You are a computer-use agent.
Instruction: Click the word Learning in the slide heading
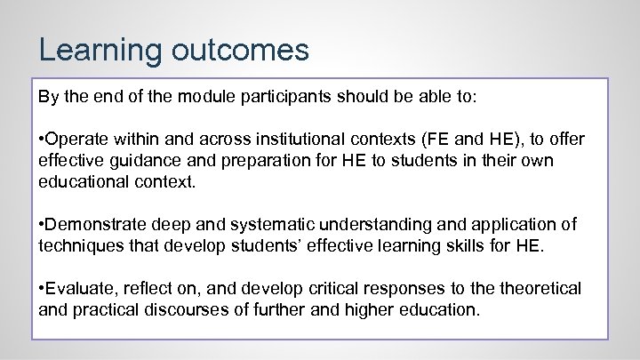[x=94, y=50]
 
